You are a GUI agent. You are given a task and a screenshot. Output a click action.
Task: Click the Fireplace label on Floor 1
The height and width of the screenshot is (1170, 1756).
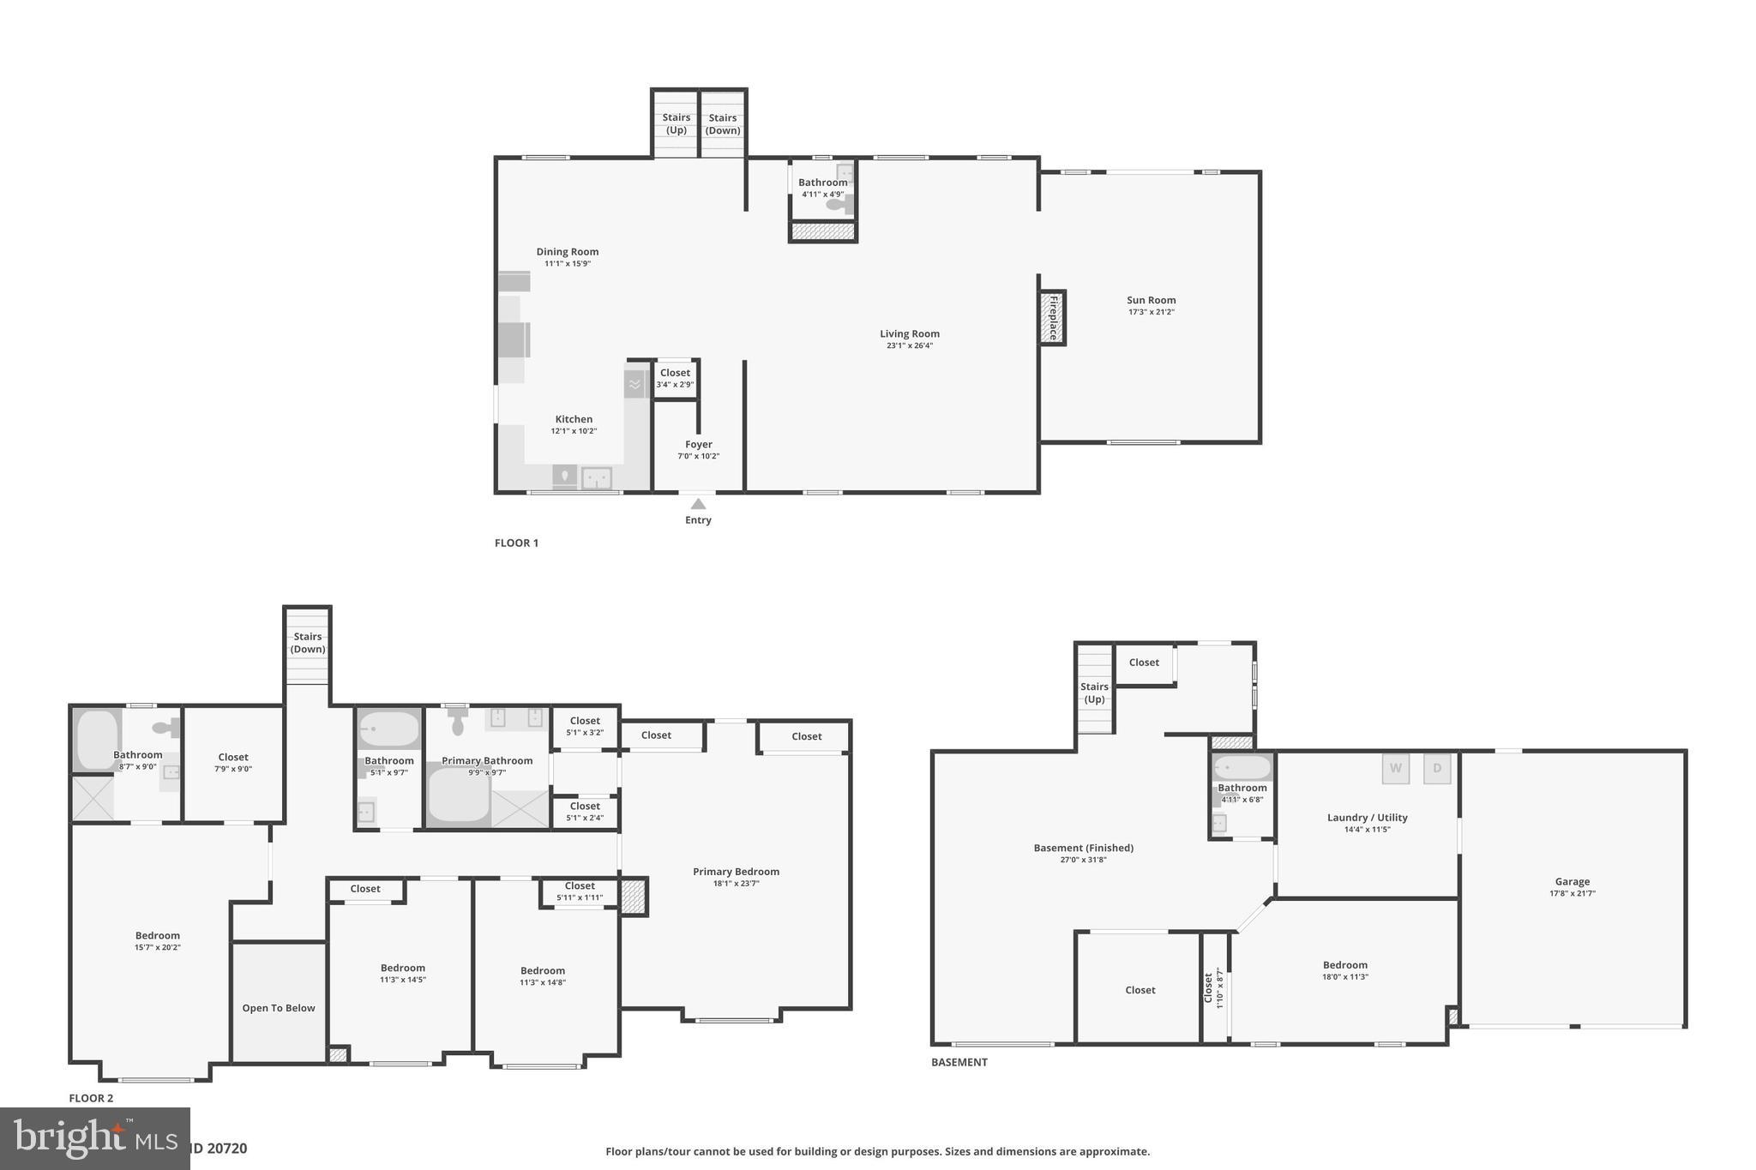[x=1053, y=317]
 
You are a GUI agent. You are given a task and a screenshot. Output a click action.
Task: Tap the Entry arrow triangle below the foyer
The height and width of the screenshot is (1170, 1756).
[x=698, y=504]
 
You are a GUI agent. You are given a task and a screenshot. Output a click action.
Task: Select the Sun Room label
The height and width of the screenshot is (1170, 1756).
[x=1151, y=300]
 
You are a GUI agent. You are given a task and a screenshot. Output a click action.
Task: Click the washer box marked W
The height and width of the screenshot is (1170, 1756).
[x=1395, y=768]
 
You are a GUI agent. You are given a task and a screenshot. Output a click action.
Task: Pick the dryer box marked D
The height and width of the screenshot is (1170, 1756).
[x=1437, y=768]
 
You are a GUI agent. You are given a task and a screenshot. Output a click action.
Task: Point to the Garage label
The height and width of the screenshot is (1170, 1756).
[x=1572, y=881]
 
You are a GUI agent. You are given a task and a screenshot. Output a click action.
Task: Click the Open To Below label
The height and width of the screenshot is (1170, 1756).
[x=279, y=1008]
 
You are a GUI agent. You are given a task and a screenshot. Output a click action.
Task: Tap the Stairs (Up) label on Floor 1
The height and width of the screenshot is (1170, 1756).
[x=676, y=124]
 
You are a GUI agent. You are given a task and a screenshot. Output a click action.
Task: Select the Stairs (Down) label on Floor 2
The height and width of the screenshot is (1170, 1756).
[x=307, y=643]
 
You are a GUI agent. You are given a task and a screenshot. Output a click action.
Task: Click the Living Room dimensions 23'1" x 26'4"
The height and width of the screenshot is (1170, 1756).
[x=909, y=346]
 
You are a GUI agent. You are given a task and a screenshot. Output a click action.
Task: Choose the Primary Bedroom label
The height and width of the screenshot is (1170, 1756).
[x=736, y=872]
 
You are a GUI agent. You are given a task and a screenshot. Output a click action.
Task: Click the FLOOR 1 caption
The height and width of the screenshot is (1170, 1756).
[x=516, y=543]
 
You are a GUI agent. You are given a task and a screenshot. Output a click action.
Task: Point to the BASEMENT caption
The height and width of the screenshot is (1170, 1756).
[x=959, y=1062]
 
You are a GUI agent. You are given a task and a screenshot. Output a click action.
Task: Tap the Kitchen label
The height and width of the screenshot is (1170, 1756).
[x=574, y=419]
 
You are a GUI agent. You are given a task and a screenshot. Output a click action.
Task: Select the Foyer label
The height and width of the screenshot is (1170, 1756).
[x=698, y=444]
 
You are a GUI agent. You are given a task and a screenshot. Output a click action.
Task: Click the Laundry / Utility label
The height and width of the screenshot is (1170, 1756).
[x=1367, y=818]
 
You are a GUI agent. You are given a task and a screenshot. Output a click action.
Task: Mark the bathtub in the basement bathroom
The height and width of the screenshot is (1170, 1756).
[x=1242, y=767]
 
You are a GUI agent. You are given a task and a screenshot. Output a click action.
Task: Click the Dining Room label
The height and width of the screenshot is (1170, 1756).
[x=568, y=252]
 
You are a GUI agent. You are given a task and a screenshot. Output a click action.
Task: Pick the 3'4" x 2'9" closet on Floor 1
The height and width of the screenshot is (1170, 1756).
[x=675, y=378]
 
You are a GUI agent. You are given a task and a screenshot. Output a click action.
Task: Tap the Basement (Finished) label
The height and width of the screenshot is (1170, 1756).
[x=1083, y=848]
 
